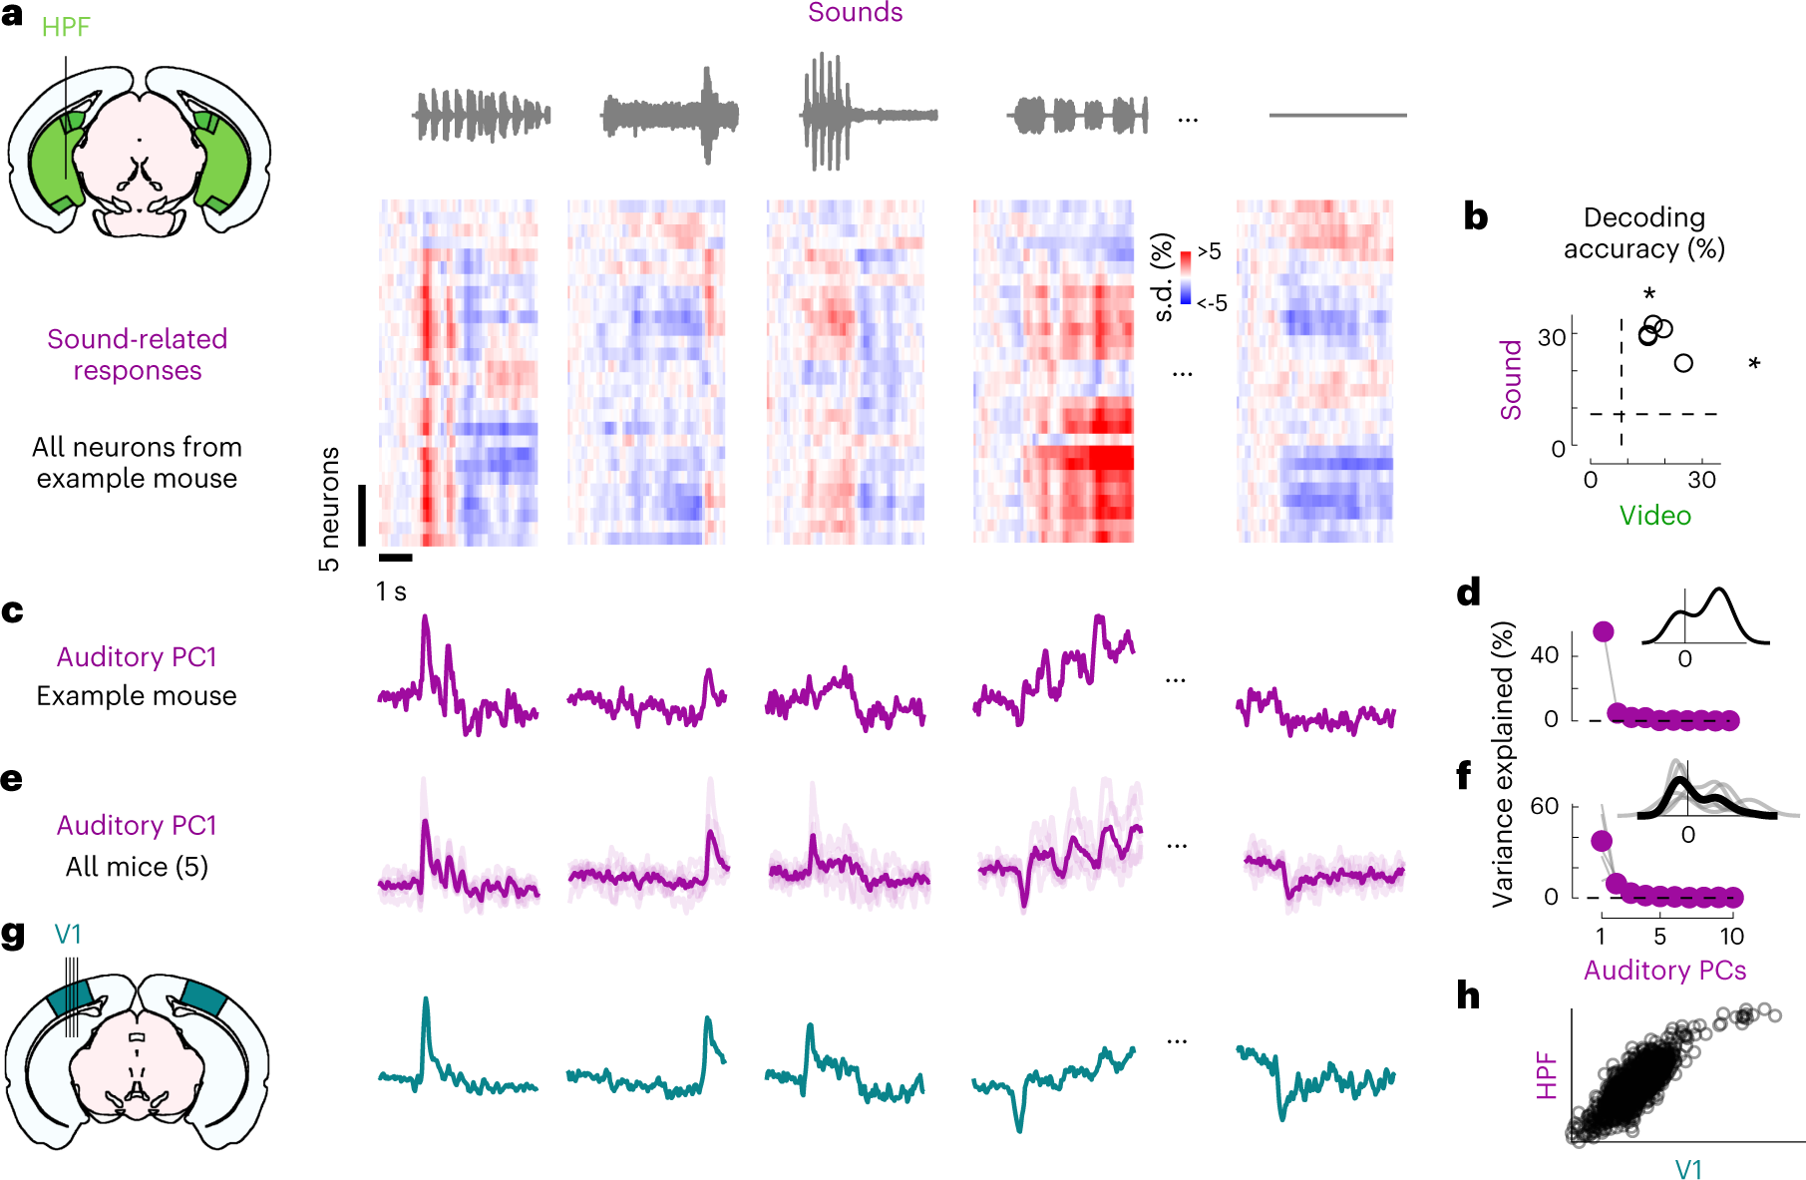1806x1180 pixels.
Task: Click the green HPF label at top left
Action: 66,27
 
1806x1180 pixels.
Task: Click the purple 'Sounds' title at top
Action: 855,13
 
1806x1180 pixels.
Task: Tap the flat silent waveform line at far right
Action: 1337,116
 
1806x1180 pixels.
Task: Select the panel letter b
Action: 1475,216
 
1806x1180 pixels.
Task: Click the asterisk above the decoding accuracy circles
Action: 1649,294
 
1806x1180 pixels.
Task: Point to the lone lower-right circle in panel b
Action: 1683,363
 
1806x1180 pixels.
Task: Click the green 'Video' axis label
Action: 1654,516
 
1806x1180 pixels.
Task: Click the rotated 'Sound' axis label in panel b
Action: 1512,379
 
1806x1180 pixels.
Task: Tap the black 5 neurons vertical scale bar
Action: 362,515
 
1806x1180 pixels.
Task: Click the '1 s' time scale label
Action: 391,591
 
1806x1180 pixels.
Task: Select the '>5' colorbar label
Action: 1209,251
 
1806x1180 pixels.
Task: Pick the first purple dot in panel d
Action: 1604,631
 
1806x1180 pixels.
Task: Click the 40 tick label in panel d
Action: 1545,655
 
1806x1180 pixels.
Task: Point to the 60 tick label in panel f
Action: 1545,806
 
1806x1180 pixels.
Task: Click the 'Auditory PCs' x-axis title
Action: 1664,971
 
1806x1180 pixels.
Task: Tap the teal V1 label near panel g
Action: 68,935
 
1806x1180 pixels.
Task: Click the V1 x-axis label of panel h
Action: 1687,1169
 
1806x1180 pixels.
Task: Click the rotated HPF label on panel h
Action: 1547,1075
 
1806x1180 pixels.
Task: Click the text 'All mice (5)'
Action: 137,867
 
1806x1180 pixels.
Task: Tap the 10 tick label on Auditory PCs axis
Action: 1731,937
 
